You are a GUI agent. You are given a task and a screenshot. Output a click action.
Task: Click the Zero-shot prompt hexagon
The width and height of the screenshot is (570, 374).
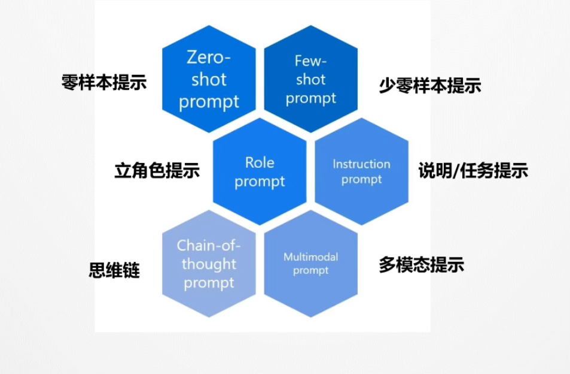click(209, 79)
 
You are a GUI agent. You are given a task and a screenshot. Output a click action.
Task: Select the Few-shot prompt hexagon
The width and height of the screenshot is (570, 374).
click(311, 79)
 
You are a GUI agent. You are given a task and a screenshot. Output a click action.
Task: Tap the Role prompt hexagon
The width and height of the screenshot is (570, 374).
click(260, 171)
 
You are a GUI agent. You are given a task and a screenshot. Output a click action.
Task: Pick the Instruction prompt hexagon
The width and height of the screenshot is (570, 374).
click(362, 171)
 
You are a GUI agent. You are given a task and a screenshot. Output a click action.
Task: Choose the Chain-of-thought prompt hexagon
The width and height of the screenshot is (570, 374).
click(209, 264)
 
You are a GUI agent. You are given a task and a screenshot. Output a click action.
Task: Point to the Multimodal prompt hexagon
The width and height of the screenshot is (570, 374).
click(311, 264)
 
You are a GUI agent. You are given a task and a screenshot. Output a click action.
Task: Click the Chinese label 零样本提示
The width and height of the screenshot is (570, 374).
click(104, 82)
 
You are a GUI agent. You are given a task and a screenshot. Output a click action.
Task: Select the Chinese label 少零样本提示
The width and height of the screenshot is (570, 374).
click(430, 86)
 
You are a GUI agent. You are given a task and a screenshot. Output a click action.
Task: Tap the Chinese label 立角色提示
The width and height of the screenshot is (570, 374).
click(157, 170)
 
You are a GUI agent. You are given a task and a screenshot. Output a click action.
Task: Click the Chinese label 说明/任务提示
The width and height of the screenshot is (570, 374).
click(473, 170)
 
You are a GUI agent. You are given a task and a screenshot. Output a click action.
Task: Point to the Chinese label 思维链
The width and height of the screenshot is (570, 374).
click(114, 270)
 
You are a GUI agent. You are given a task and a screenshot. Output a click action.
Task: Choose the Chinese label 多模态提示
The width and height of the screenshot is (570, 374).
click(421, 264)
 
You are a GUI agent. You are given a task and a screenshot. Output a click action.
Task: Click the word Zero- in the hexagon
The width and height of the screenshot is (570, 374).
click(209, 57)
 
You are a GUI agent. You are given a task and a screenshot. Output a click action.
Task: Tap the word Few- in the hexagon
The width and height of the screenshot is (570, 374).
click(310, 61)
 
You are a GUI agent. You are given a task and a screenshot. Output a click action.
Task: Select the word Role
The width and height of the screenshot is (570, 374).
click(260, 162)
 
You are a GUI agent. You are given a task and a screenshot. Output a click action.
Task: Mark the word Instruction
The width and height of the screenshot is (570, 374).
click(362, 164)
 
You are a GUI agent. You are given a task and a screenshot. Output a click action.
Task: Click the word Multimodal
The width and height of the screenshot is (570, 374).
click(311, 257)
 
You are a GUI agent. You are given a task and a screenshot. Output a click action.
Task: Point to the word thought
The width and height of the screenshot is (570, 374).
click(209, 264)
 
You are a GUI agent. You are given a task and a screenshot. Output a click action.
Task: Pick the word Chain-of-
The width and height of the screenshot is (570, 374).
click(209, 246)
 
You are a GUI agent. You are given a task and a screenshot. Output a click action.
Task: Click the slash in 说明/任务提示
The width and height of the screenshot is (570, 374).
click(456, 170)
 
